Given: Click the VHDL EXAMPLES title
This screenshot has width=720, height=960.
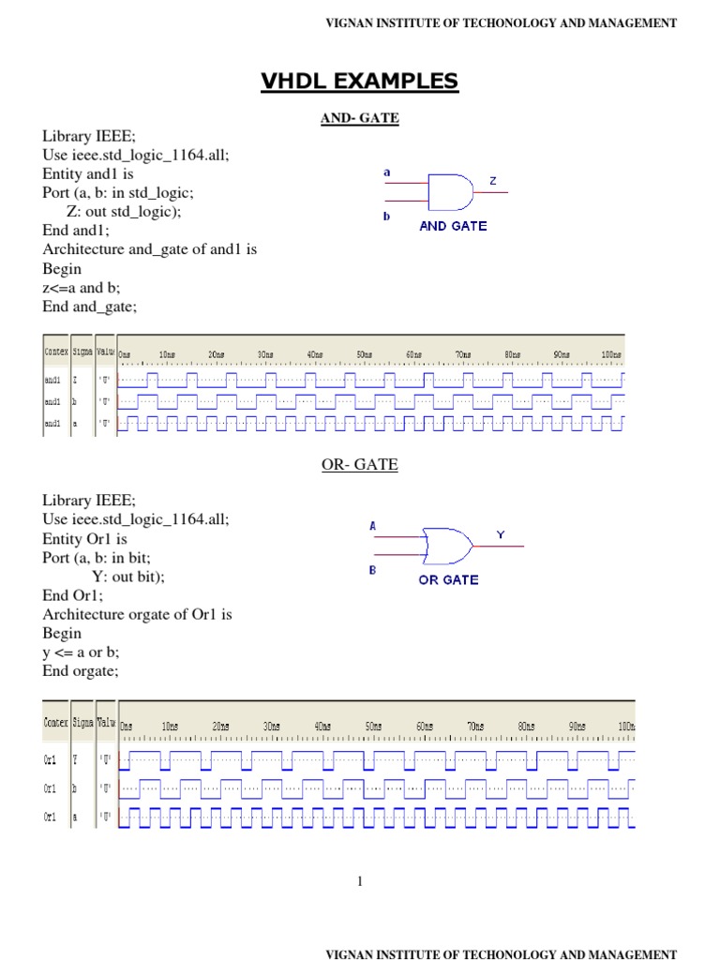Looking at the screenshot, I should tap(360, 82).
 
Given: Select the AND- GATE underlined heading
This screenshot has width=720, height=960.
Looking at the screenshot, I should tap(360, 118).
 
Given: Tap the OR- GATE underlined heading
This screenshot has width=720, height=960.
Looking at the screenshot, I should tap(360, 465).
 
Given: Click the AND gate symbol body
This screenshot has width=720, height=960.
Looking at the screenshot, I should tap(449, 192).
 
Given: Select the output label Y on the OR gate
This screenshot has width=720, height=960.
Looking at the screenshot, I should tap(500, 534).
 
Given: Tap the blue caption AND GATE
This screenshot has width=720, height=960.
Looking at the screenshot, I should tap(453, 226).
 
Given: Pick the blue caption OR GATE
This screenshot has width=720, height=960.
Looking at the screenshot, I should tap(448, 579).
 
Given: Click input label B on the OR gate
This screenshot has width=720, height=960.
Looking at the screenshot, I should tap(372, 569).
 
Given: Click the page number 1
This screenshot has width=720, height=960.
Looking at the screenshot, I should tap(359, 881).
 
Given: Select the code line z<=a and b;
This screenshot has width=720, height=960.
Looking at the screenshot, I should tap(82, 288).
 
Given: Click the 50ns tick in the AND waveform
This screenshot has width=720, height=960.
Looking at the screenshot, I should tap(364, 354).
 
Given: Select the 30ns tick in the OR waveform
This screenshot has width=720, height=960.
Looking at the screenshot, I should tap(272, 727).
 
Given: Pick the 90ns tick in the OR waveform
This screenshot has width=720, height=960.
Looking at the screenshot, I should tap(577, 727).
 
